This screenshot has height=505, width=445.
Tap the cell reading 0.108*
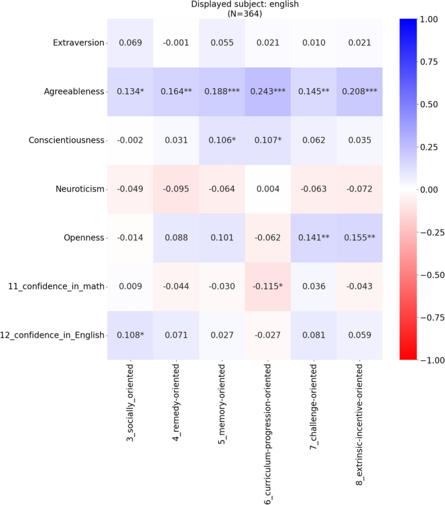(x=130, y=335)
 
